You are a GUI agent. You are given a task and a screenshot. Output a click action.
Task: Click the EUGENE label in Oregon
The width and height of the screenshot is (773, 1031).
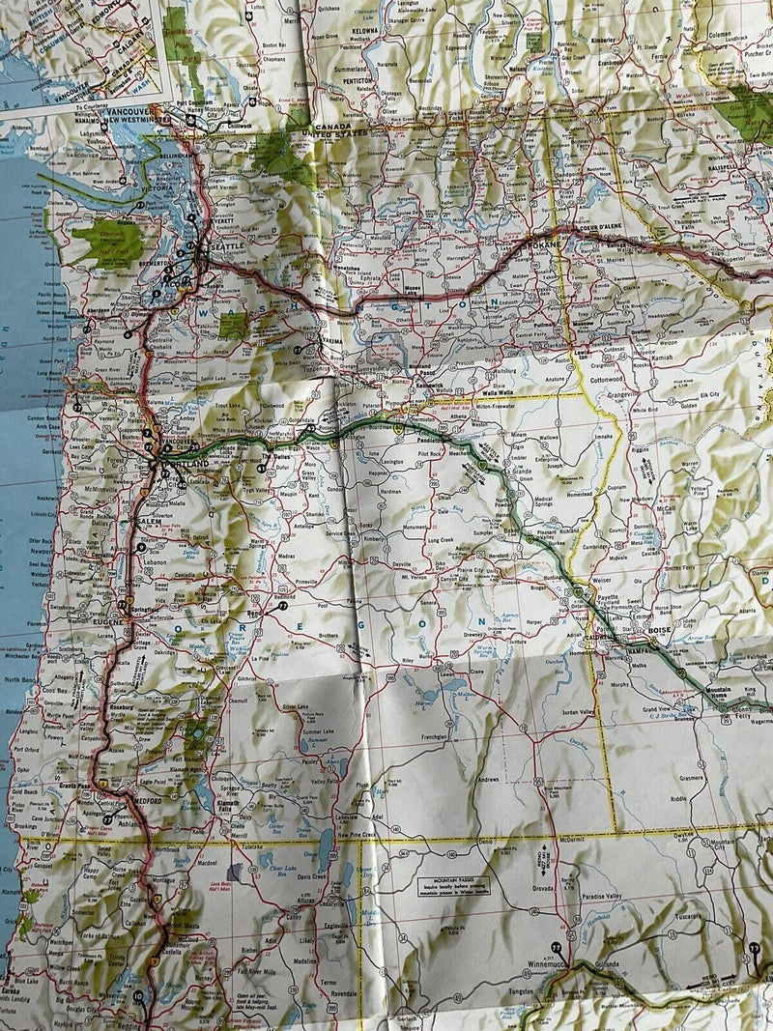107,623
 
